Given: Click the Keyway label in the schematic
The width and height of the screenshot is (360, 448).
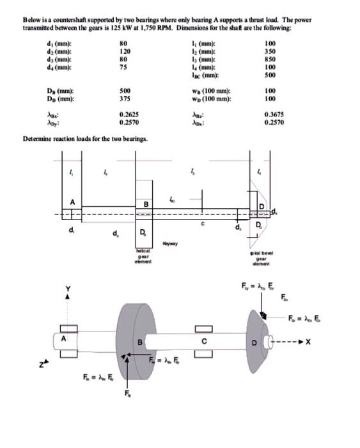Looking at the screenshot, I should coord(171,243).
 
